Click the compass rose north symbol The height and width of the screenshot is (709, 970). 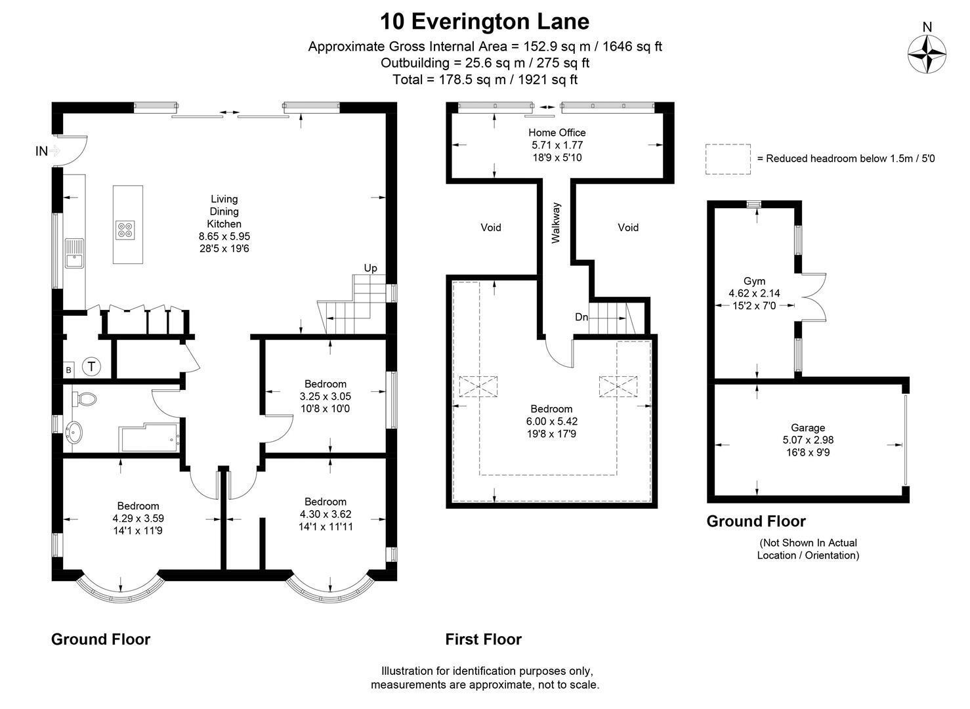tap(927, 54)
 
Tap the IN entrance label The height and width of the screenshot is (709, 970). tap(41, 151)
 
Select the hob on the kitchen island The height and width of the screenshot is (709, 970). tap(125, 230)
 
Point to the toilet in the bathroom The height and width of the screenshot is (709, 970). tap(84, 399)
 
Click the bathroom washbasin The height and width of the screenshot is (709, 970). tap(74, 432)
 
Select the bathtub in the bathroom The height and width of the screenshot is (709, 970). tap(149, 438)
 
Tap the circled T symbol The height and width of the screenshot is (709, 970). tap(91, 367)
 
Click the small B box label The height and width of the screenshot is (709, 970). tap(68, 370)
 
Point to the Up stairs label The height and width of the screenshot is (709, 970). tap(370, 268)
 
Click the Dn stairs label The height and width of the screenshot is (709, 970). tap(581, 317)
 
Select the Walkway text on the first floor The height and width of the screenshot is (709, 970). tap(556, 223)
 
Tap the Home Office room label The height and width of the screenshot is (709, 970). tap(557, 133)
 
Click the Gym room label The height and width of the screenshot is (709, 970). tap(754, 281)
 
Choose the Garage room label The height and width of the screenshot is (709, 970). tap(808, 428)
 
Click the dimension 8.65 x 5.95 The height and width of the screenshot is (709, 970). tap(224, 236)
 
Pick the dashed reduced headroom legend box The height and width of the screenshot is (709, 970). tap(728, 159)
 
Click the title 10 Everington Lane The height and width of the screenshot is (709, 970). tap(484, 21)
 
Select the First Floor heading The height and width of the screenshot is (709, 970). tap(483, 639)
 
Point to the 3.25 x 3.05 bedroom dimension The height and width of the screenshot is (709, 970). tap(326, 397)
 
